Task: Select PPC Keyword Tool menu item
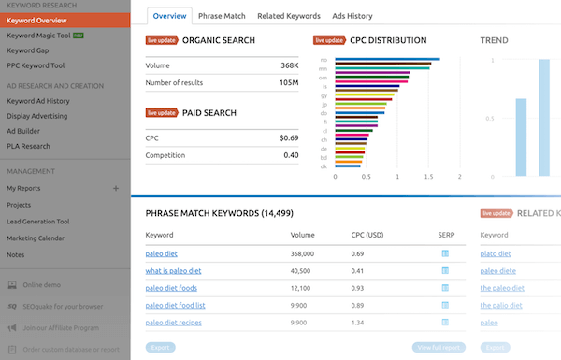click(36, 65)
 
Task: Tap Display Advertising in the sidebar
click(38, 116)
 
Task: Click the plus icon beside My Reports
click(116, 188)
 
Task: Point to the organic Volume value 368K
click(288, 65)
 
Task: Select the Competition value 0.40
click(290, 155)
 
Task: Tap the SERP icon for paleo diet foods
click(445, 288)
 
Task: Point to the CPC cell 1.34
click(356, 322)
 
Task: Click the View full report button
click(439, 348)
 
